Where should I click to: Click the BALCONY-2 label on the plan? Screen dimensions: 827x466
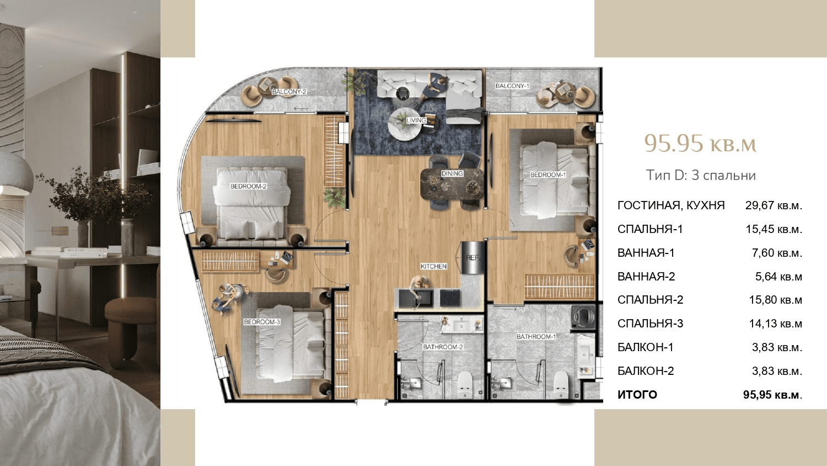tap(289, 92)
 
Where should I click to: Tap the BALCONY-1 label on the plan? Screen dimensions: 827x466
tap(512, 86)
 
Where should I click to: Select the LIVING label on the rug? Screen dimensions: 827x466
tap(416, 120)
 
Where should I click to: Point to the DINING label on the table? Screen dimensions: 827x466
tap(452, 173)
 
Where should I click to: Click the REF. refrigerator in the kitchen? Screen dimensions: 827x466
tap(472, 258)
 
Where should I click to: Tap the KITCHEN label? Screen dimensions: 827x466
tap(433, 266)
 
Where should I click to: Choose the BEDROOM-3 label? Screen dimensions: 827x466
tap(262, 322)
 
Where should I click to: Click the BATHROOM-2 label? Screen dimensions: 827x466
tap(443, 347)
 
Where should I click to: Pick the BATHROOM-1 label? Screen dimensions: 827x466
tap(536, 337)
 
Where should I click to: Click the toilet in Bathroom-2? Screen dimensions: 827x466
tap(465, 384)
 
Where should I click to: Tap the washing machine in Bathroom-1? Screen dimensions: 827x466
tap(583, 317)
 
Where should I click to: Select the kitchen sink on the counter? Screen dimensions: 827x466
tap(417, 298)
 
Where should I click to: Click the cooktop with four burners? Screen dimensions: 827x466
tap(450, 298)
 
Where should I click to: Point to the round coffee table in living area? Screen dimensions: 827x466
tap(404, 124)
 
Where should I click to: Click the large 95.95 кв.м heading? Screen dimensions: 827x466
tap(700, 144)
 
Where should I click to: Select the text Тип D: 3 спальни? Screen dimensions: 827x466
tap(701, 176)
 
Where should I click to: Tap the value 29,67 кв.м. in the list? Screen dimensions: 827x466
tap(774, 205)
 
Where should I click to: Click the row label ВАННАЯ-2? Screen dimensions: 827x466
tap(646, 277)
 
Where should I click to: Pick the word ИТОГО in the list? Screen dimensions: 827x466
tap(637, 395)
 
